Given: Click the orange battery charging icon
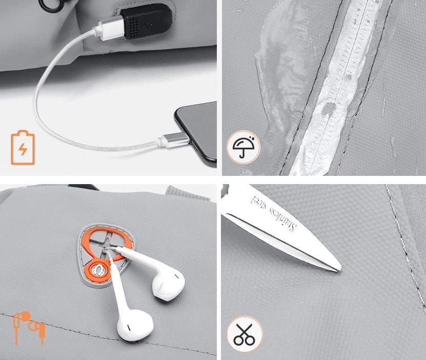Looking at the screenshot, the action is click(23, 148).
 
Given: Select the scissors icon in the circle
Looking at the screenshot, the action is click(244, 334).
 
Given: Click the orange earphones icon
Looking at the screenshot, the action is click(29, 328).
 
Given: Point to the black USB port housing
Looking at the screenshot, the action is click(147, 21).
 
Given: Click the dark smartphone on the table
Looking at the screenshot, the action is click(196, 132).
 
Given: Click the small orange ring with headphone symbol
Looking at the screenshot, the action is click(97, 270).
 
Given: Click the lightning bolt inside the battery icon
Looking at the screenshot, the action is click(23, 149).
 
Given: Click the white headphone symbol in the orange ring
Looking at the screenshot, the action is click(97, 270).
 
